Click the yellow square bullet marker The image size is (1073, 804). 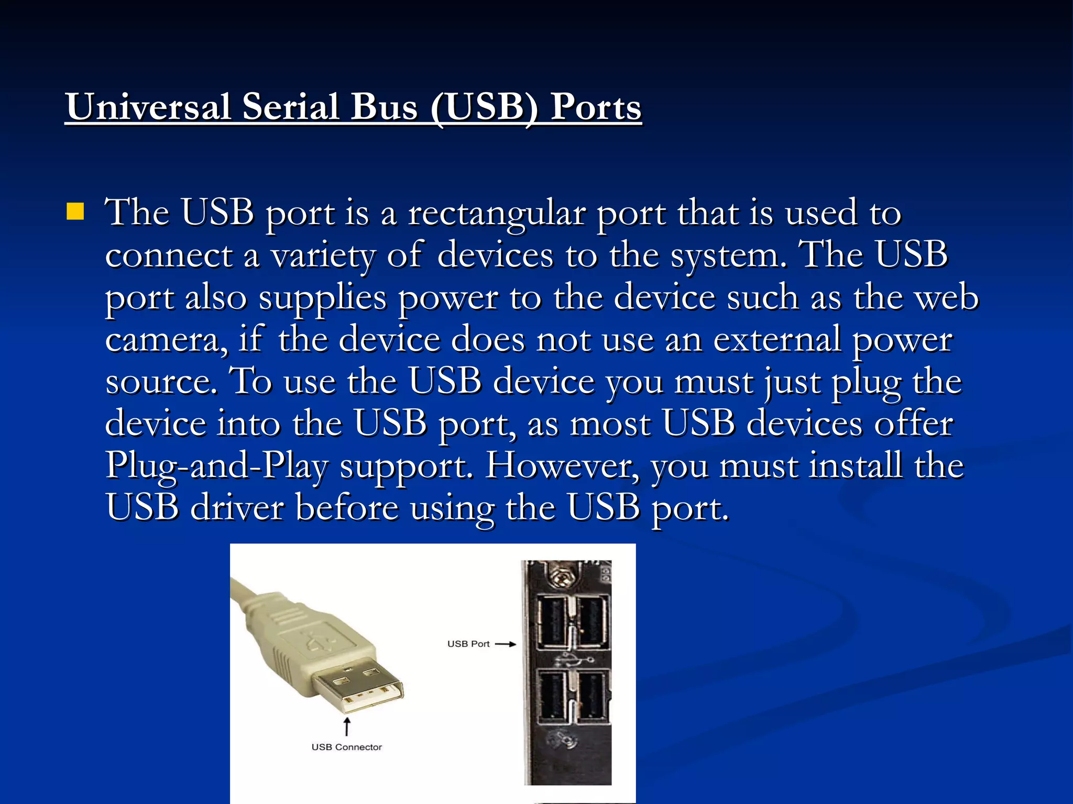75,211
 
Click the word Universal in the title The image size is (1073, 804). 148,107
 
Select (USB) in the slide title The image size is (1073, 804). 484,107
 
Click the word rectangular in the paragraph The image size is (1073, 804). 496,214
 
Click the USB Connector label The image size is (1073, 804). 346,747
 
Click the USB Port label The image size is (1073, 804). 468,644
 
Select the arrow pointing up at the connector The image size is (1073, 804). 346,727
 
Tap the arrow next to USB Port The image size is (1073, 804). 506,644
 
